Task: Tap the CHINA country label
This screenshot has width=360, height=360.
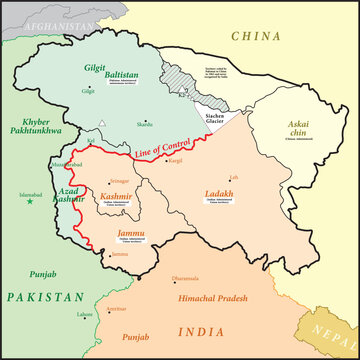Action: pos(259,36)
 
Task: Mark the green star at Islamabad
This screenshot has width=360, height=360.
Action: pos(30,202)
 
